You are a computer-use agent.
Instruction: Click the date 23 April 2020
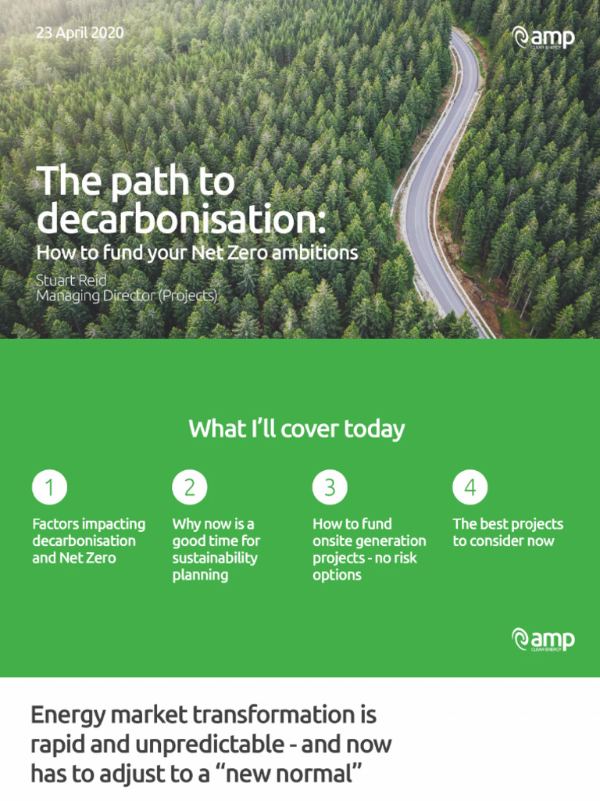click(x=80, y=34)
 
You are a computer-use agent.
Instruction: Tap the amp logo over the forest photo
click(x=543, y=38)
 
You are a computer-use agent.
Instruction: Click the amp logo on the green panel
click(x=543, y=639)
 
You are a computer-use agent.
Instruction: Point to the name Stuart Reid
click(x=71, y=280)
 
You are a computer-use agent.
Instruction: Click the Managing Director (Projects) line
click(x=127, y=296)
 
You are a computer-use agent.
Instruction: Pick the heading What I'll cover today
click(x=297, y=429)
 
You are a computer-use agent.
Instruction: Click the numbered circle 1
click(x=49, y=487)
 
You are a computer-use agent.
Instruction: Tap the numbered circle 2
click(x=189, y=487)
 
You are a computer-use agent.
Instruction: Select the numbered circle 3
click(x=330, y=487)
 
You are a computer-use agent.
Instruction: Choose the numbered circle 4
click(x=470, y=487)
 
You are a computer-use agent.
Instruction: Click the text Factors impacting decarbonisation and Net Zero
click(x=88, y=541)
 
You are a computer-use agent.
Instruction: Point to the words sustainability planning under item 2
click(x=215, y=566)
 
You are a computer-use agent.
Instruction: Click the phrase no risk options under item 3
click(x=366, y=566)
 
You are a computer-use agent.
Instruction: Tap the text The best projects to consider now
click(x=508, y=532)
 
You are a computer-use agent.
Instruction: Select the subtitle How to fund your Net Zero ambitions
click(x=197, y=252)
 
